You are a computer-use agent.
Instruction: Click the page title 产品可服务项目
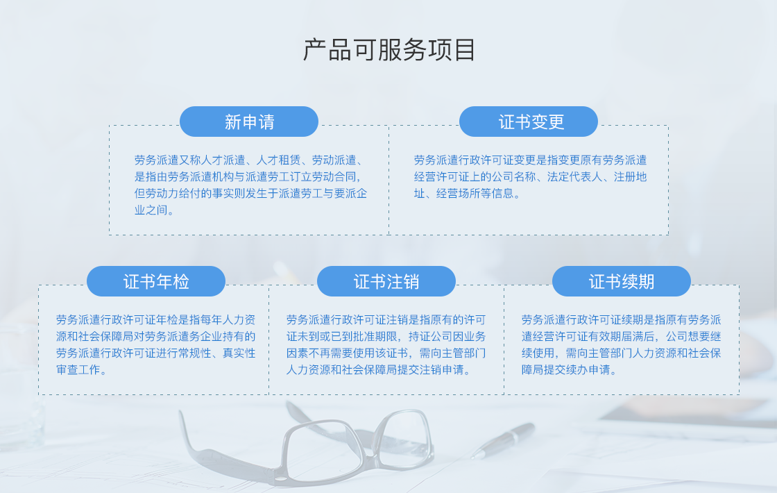coord(389,50)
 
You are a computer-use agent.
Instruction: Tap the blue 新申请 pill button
coord(249,122)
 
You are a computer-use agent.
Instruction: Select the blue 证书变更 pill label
coord(528,122)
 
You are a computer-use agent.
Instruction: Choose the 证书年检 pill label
coord(156,281)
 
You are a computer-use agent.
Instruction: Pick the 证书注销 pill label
coord(386,281)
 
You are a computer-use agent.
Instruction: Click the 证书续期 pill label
coord(622,281)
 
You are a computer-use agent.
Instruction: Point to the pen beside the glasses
coord(503,440)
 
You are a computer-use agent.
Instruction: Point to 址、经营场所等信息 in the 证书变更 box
coord(467,194)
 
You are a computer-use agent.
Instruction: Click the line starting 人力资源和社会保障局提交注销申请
coord(378,370)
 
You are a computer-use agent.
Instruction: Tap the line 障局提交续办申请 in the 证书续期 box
coord(569,370)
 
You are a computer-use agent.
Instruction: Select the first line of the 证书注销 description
coord(386,320)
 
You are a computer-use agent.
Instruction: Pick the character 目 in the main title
coord(464,50)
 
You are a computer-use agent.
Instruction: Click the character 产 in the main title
coord(315,50)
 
